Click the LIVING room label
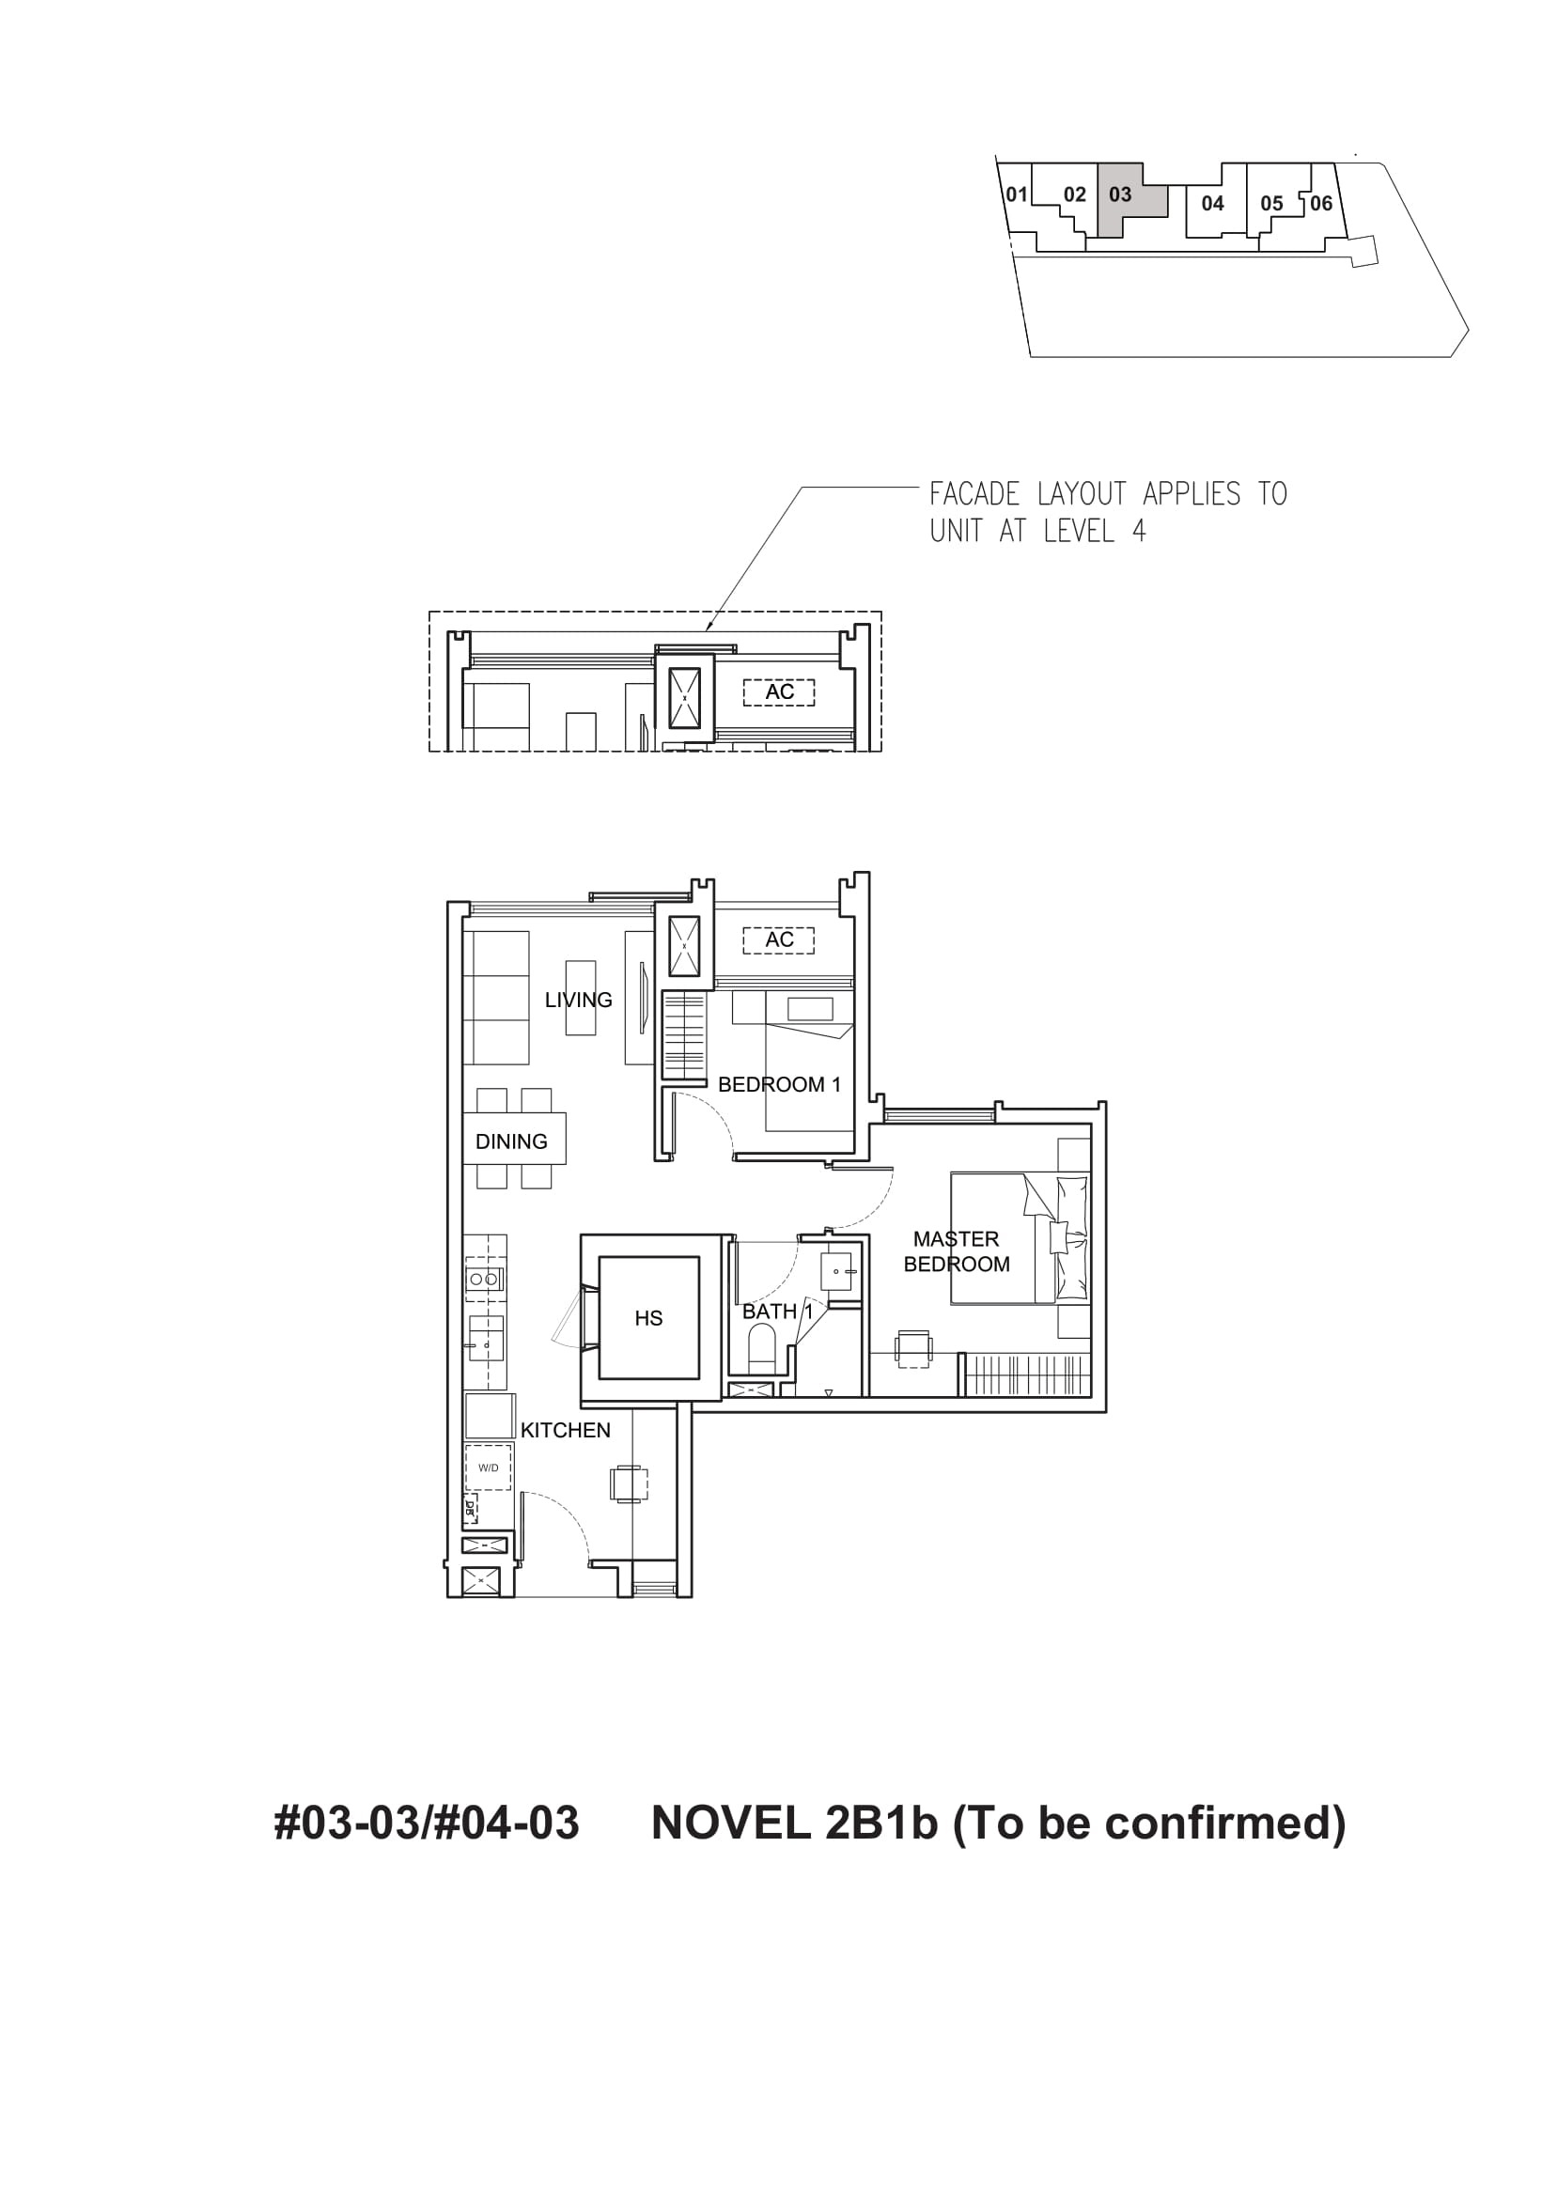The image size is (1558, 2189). [x=578, y=1000]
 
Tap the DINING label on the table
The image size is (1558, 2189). [x=511, y=1141]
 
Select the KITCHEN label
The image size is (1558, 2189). [x=565, y=1430]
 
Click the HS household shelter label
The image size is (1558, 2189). [x=648, y=1318]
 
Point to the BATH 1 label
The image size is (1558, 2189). [x=777, y=1312]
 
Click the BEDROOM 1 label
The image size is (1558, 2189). [x=779, y=1084]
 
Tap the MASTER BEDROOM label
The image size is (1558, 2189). [x=957, y=1251]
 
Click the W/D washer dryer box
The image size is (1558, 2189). [x=489, y=1467]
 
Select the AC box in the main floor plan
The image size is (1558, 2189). [x=779, y=940]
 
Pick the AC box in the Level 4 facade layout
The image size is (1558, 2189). [x=779, y=691]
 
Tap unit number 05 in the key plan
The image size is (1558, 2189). [x=1271, y=203]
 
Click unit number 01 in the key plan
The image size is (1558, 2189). [x=1016, y=194]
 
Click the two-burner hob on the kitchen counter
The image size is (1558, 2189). [x=483, y=1279]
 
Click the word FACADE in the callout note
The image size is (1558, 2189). [x=974, y=495]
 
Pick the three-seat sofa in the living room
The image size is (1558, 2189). [x=496, y=998]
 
